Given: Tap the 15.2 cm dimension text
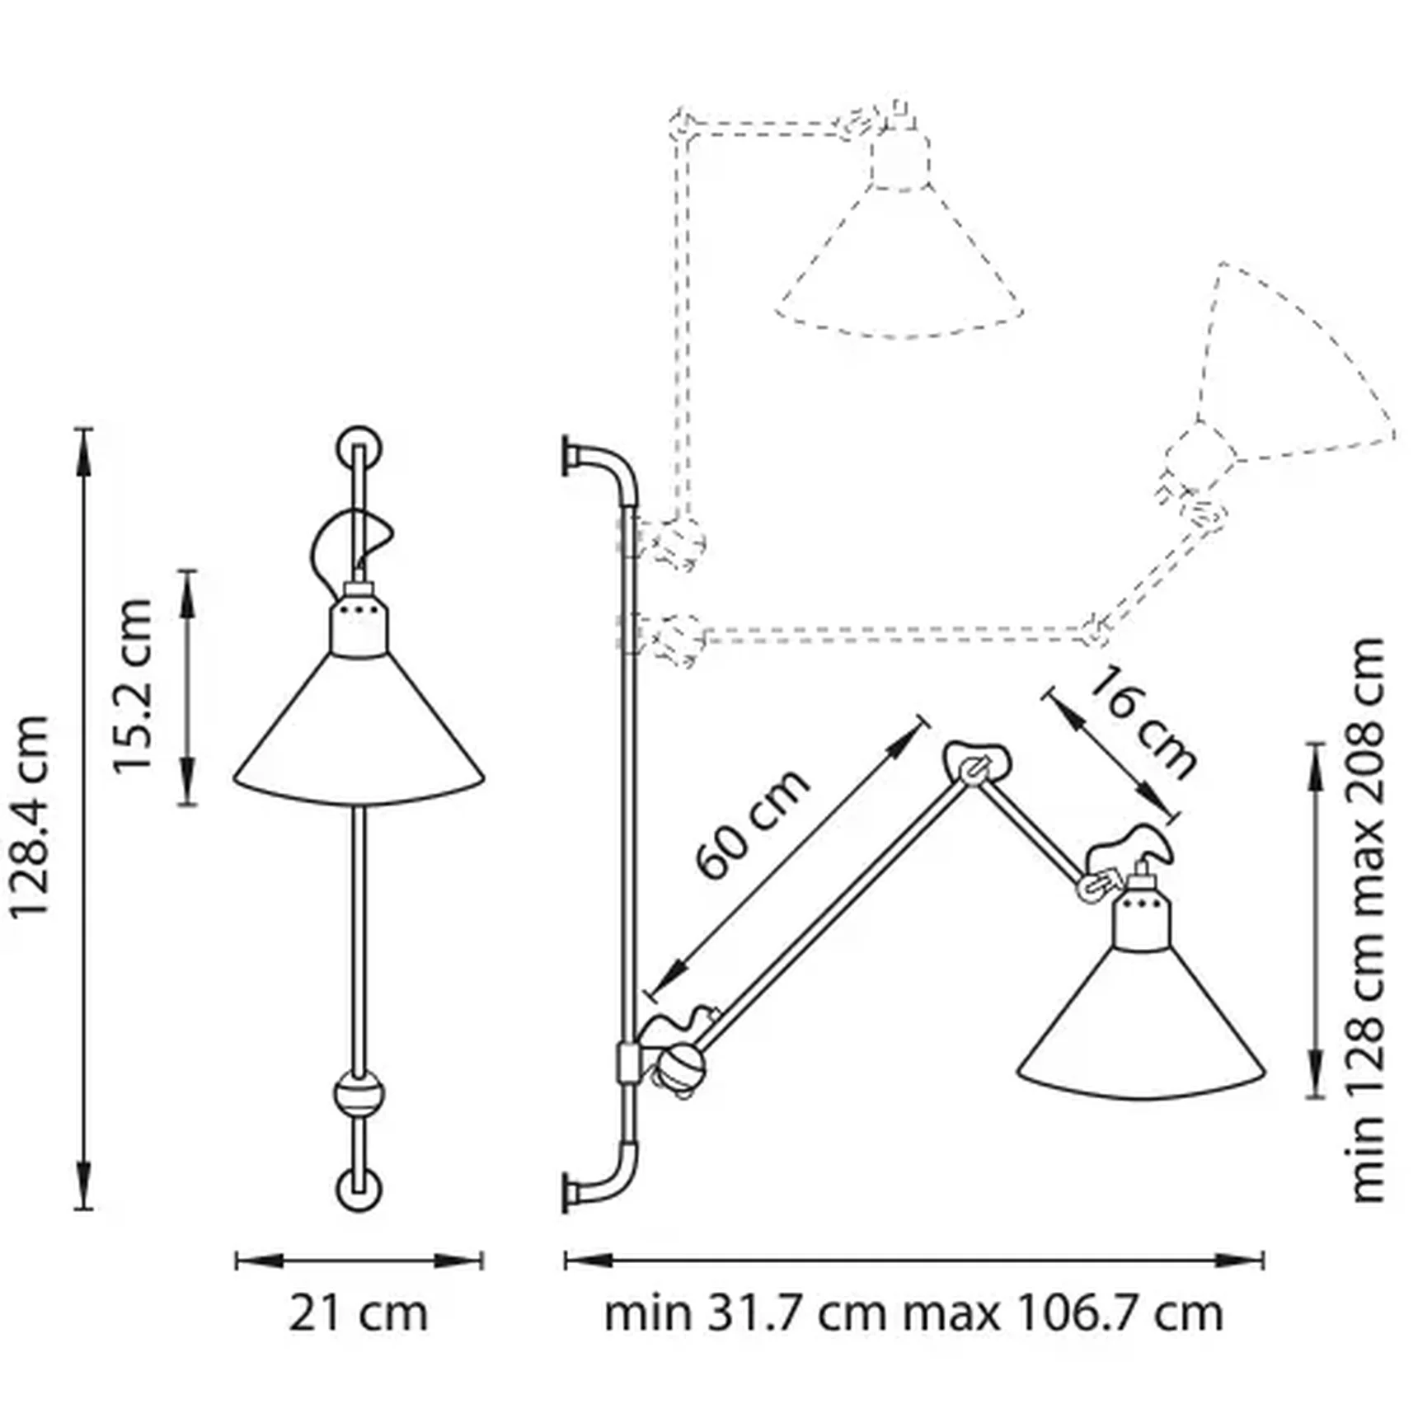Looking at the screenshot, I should tap(132, 686).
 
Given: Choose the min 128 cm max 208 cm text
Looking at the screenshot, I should tap(1369, 919).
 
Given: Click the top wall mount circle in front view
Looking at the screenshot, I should tap(359, 448).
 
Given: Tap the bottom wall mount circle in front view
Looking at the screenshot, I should tap(359, 1189).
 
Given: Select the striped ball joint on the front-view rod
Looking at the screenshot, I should tap(359, 1094).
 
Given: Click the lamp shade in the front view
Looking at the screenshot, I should tap(359, 734).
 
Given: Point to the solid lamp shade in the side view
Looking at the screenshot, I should tap(1142, 1031).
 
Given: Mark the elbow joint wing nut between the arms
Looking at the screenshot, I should tap(977, 763).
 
